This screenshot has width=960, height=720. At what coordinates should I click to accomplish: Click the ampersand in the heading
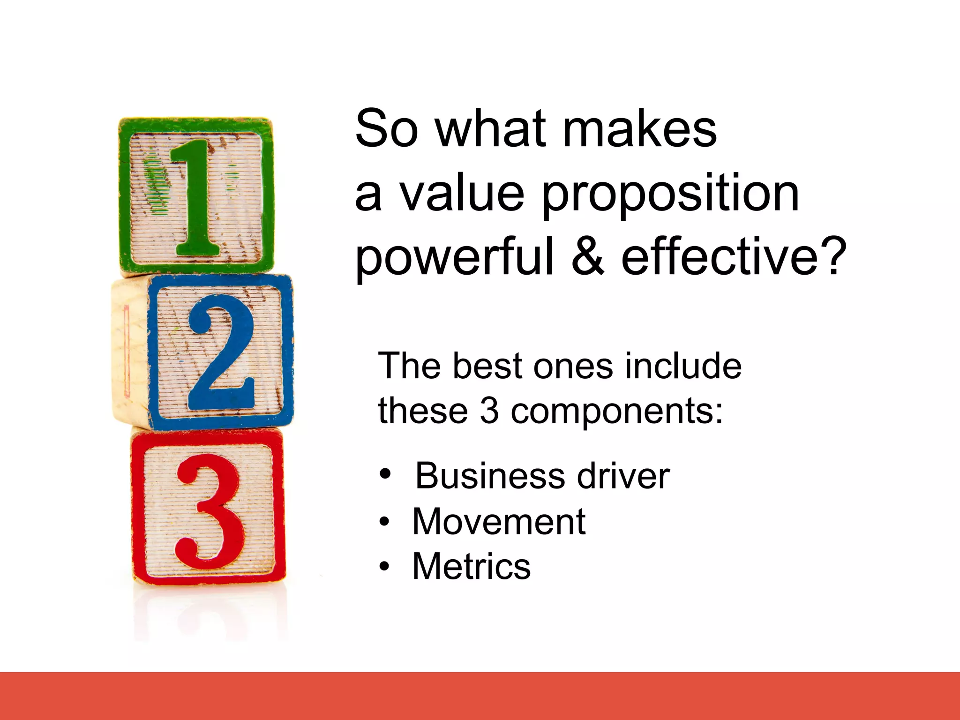[x=588, y=255]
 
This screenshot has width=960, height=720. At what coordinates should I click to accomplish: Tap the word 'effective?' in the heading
[x=734, y=255]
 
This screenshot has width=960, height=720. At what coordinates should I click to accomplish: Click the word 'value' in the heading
[x=462, y=193]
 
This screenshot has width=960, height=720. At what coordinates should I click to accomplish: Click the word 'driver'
[x=623, y=476]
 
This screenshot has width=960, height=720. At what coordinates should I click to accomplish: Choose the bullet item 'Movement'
[x=499, y=521]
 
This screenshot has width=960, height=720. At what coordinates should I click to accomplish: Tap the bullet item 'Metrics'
[x=471, y=566]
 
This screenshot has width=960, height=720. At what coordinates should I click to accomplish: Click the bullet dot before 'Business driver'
[x=385, y=474]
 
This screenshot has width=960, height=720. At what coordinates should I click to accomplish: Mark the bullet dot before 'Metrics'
[x=384, y=566]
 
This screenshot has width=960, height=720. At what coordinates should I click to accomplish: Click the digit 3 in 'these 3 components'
[x=489, y=411]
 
